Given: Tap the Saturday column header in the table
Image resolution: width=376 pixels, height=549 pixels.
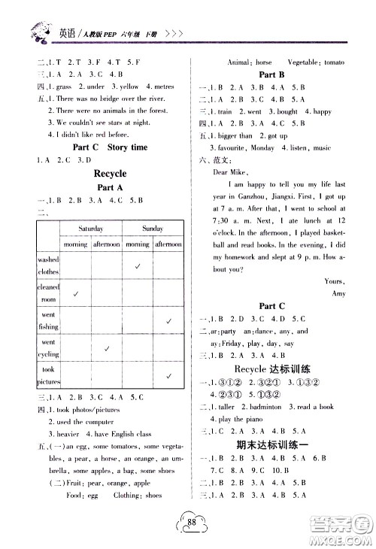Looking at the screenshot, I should pos(94,229).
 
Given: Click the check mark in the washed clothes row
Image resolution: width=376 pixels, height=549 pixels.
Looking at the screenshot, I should pos(138,265).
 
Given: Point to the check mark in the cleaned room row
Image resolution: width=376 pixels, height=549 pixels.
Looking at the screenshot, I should pos(77,294).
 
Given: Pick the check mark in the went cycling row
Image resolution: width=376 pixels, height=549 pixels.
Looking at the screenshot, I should pos(108,348).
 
